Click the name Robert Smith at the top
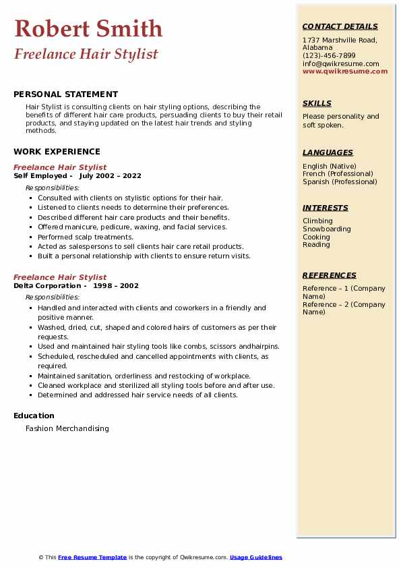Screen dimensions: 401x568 88,28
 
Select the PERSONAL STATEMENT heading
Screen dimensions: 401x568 65,94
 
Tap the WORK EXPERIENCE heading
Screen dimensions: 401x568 57,152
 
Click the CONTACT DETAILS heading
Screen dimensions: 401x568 340,26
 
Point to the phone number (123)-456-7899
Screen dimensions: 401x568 329,56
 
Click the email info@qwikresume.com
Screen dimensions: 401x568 340,63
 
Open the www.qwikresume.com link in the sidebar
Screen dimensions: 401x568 345,71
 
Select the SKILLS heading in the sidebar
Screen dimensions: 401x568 317,103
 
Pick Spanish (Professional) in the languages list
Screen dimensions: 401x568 340,181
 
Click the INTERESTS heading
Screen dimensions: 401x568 325,208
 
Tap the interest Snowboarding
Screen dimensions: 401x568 327,229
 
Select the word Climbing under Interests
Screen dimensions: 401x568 317,221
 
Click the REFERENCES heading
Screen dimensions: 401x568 329,275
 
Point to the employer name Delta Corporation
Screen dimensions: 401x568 40,285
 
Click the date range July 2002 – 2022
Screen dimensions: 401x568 110,175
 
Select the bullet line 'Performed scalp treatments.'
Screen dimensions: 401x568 76,237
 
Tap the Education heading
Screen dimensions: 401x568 34,416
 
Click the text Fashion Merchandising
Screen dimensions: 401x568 67,428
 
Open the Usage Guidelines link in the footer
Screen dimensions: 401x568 255,557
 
